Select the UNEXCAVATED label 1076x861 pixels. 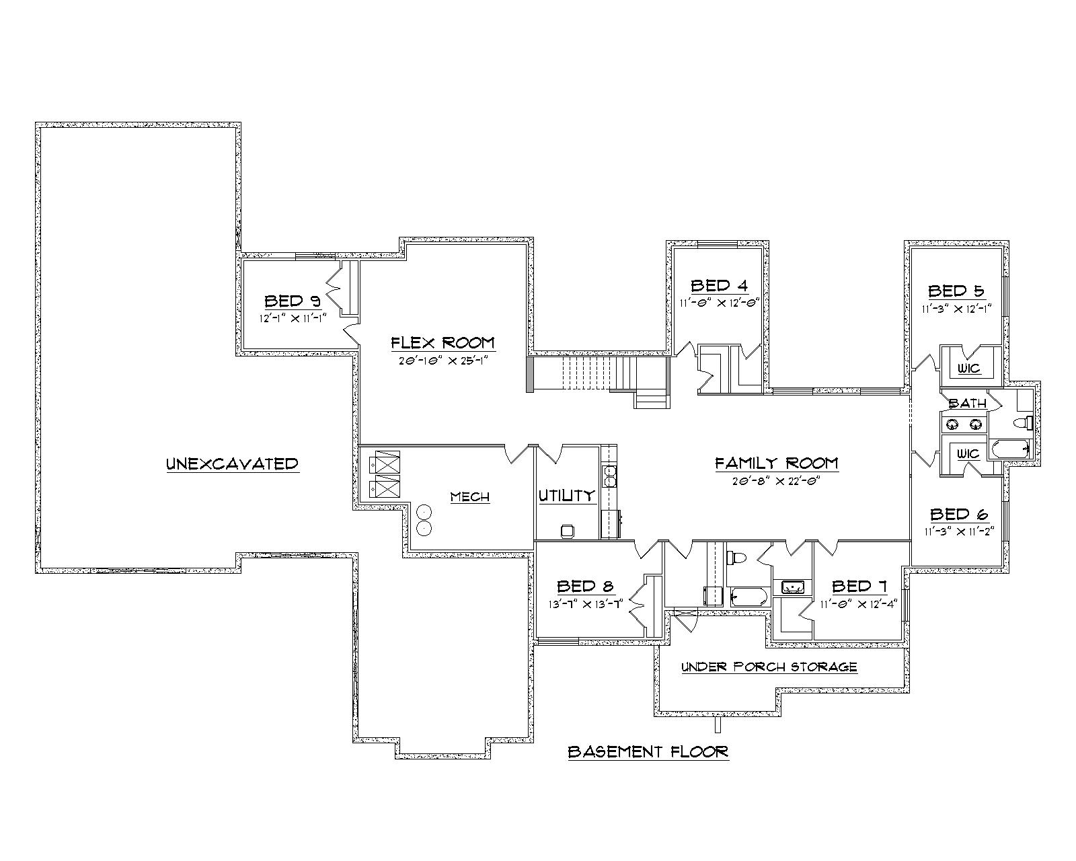[x=232, y=463]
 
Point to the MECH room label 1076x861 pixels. [x=469, y=497]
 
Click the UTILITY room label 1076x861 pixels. [x=566, y=496]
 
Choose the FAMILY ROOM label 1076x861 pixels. [x=776, y=463]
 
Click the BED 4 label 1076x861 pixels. [x=719, y=285]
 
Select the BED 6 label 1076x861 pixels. [x=958, y=515]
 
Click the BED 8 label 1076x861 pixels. [x=585, y=586]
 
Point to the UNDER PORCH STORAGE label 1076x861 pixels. [x=769, y=667]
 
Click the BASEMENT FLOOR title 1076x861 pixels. [x=648, y=751]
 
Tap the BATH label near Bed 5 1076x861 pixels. [x=967, y=404]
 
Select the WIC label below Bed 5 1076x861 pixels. [x=969, y=369]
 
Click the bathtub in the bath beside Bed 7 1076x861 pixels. [x=747, y=596]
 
